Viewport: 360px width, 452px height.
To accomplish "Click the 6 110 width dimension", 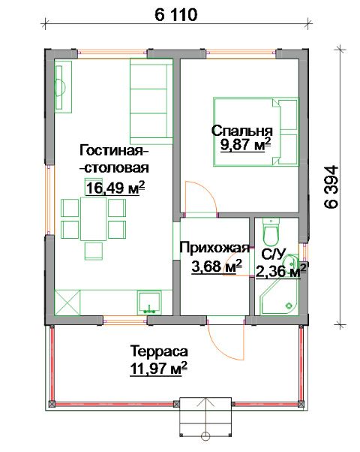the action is tap(176, 14).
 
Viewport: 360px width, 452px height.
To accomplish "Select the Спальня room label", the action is tap(242, 131).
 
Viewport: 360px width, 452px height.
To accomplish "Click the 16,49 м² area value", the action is tap(115, 188).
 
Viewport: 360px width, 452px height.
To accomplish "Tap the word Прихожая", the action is tap(214, 248).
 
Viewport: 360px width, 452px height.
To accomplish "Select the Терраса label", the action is tap(159, 351).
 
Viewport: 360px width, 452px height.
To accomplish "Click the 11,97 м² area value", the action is tap(159, 369).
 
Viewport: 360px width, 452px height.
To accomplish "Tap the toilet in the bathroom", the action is tap(271, 231).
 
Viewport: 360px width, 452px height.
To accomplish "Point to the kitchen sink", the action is tap(149, 302).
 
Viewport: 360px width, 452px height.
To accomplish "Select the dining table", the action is tap(93, 218).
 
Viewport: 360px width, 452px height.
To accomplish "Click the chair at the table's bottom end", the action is tap(94, 251).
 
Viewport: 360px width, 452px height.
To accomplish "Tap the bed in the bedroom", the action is tap(256, 131).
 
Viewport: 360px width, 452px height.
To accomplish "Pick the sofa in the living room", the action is tap(151, 101).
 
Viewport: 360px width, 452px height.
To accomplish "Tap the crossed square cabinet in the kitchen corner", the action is tap(67, 303).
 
